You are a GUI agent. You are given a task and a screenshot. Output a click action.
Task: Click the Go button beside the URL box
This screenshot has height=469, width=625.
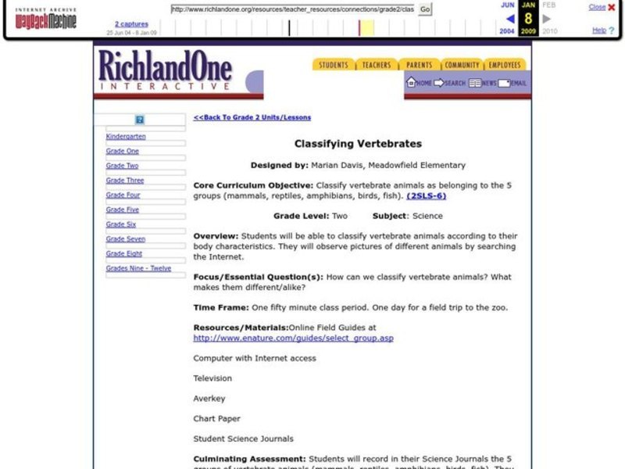(x=425, y=9)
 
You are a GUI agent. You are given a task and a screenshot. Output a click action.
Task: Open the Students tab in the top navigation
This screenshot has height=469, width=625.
(x=334, y=65)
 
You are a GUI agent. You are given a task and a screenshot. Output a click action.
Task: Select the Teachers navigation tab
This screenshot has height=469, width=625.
(x=377, y=65)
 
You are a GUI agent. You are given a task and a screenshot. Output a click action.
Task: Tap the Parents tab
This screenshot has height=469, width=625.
(x=420, y=65)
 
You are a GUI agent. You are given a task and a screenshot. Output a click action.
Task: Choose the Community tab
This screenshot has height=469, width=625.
(x=462, y=65)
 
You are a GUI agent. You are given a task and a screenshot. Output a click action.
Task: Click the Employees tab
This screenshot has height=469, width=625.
(x=505, y=65)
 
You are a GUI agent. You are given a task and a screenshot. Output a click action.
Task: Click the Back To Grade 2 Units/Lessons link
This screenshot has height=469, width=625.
(x=252, y=117)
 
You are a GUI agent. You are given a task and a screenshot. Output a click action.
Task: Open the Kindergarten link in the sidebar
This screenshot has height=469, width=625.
(x=126, y=136)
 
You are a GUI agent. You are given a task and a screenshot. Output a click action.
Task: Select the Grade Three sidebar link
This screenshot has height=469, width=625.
(x=125, y=181)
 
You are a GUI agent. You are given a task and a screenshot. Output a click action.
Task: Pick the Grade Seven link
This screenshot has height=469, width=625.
(x=126, y=239)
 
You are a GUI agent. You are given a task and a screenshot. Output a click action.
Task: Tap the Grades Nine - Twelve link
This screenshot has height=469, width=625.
(x=138, y=268)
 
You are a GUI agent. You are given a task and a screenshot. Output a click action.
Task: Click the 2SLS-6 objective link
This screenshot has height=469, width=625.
(x=427, y=195)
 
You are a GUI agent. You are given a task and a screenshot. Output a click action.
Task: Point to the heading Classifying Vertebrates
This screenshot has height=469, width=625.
(x=358, y=144)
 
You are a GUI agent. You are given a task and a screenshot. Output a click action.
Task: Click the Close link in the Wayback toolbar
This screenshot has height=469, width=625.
(x=597, y=7)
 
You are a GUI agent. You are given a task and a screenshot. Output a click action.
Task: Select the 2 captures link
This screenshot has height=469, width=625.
(x=131, y=24)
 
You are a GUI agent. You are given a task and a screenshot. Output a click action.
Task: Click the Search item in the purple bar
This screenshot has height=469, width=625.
(x=450, y=83)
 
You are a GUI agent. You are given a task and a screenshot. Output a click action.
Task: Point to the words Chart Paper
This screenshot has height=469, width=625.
(x=217, y=418)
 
